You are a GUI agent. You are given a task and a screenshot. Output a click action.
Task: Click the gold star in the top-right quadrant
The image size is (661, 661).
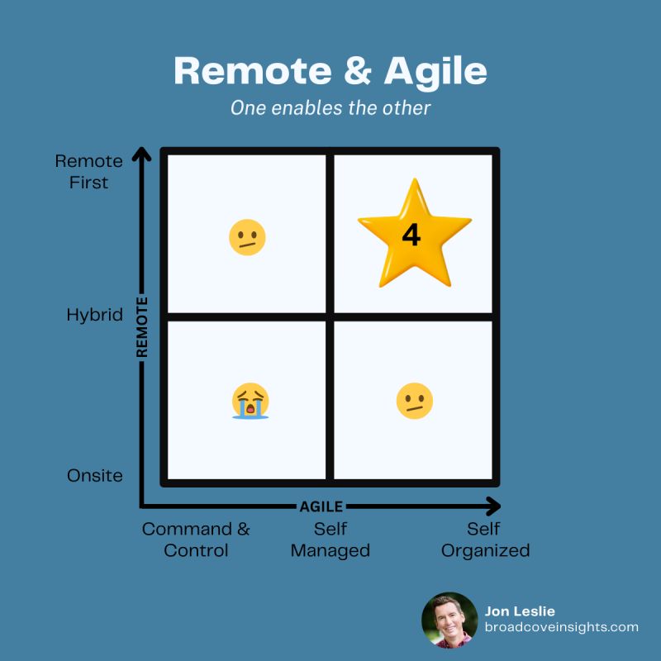(x=415, y=236)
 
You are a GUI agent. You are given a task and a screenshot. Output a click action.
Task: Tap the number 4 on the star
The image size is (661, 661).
(x=411, y=235)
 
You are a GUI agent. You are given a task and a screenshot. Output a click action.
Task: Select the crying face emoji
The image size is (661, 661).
(x=250, y=401)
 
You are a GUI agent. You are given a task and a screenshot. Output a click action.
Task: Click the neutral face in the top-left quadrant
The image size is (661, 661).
(x=247, y=237)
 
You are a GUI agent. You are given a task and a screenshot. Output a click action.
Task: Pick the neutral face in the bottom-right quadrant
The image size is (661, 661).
(x=415, y=401)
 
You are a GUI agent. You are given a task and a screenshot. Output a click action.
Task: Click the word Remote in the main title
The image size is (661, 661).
(x=253, y=71)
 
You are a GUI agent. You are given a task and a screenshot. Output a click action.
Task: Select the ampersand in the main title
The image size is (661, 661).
(x=358, y=71)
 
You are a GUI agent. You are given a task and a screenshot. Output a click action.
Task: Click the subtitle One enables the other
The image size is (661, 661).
(x=330, y=108)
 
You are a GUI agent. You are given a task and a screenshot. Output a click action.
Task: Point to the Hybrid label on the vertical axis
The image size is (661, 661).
(x=95, y=315)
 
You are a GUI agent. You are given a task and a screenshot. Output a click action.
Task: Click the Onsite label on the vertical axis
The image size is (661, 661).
(x=95, y=476)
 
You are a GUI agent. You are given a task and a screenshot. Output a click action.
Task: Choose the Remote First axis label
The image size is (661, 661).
(x=89, y=172)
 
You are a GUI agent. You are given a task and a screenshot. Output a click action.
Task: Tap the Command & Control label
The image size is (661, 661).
(x=196, y=540)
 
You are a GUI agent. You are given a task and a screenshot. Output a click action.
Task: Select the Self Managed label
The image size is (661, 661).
(x=330, y=540)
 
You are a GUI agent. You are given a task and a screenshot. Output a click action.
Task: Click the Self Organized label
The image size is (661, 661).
(x=485, y=540)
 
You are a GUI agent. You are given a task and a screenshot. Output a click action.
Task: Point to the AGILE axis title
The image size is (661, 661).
(x=321, y=506)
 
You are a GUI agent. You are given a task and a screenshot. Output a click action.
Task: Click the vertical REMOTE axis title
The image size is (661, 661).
(x=142, y=327)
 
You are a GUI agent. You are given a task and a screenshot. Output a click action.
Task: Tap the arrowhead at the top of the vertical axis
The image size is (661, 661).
(x=141, y=154)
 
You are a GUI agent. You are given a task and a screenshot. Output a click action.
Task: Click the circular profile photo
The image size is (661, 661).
(x=449, y=621)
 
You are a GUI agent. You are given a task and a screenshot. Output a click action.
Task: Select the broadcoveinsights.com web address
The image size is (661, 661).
(x=562, y=627)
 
